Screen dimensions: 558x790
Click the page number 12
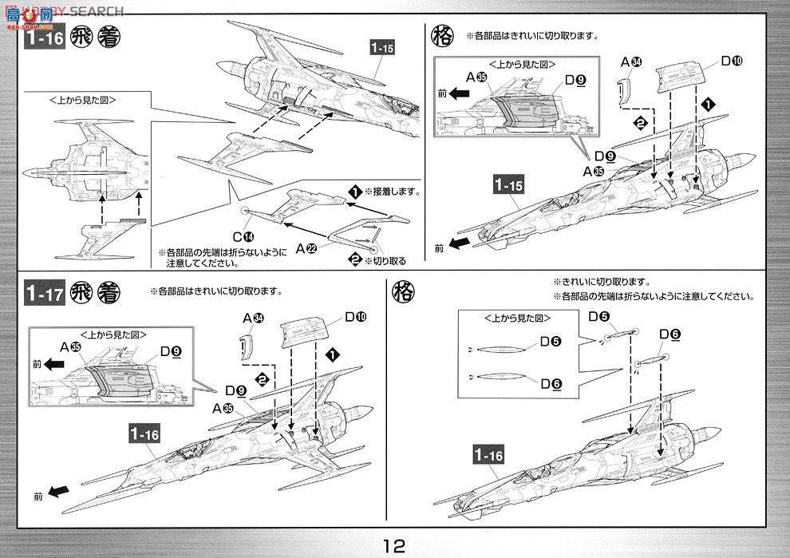pyautogui.click(x=395, y=545)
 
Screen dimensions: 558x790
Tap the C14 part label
pyautogui.click(x=243, y=236)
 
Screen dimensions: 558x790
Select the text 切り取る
pyautogui.click(x=387, y=260)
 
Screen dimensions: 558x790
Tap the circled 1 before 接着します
pyautogui.click(x=355, y=192)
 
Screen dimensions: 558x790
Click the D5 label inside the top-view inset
pyautogui.click(x=549, y=342)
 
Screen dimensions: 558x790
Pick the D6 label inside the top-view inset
pyautogui.click(x=549, y=384)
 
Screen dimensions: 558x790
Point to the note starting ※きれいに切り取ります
pyautogui.click(x=602, y=283)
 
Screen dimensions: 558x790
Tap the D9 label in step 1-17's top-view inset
pyautogui.click(x=170, y=350)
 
